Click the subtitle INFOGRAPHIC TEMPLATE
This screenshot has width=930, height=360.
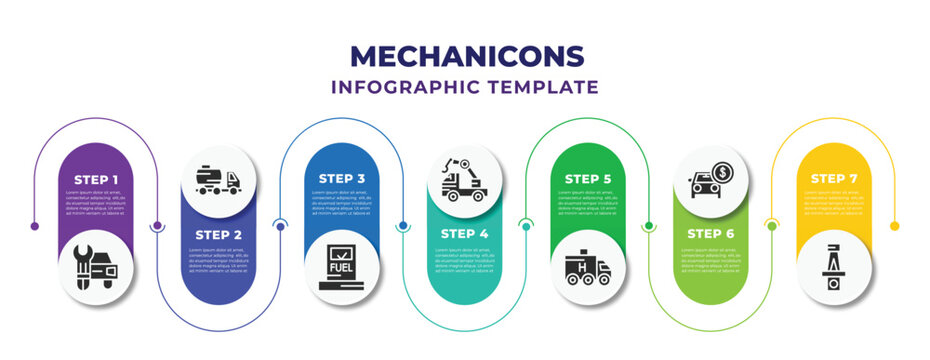click(x=465, y=87)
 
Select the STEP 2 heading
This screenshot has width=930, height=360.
click(x=218, y=234)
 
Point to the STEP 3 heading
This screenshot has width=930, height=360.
click(x=341, y=179)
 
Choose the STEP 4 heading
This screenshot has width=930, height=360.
click(x=464, y=234)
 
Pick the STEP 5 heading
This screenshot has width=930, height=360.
click(x=587, y=179)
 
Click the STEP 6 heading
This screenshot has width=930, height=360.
click(x=710, y=234)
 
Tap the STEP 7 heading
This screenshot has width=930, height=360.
click(x=833, y=179)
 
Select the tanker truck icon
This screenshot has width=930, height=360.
click(x=218, y=178)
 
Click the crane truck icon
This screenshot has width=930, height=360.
click(x=464, y=178)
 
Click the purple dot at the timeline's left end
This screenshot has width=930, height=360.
click(x=35, y=226)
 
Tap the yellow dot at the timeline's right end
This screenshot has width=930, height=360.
click(x=895, y=226)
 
